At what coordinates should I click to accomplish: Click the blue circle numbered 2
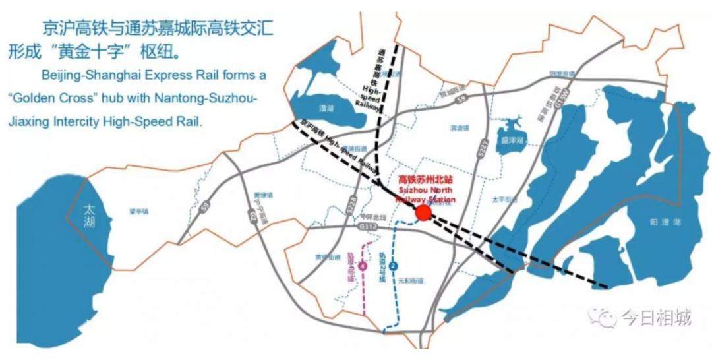(x=394, y=266)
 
